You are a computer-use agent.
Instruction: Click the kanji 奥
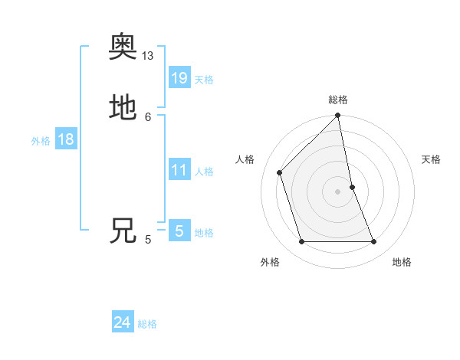123,48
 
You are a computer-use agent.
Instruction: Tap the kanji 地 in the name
123,108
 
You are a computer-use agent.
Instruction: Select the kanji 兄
123,231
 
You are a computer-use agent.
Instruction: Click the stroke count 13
148,56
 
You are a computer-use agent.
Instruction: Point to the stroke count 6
148,116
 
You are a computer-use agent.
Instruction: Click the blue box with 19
179,77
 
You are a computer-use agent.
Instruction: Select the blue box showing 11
179,170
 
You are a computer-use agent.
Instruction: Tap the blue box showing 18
66,139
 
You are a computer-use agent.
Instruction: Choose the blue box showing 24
123,322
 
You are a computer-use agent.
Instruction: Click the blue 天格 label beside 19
204,80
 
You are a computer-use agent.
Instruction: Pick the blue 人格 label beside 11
204,172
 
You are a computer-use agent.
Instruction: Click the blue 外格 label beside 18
41,141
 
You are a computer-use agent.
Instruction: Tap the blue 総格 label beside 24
147,324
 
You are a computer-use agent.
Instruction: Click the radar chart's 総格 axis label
338,100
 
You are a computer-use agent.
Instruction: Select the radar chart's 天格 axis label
432,159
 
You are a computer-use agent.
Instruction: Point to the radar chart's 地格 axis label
402,262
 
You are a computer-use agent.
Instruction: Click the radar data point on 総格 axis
338,116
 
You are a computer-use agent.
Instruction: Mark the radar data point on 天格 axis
353,186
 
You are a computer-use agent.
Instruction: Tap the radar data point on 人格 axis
280,172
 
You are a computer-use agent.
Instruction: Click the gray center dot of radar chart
338,191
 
